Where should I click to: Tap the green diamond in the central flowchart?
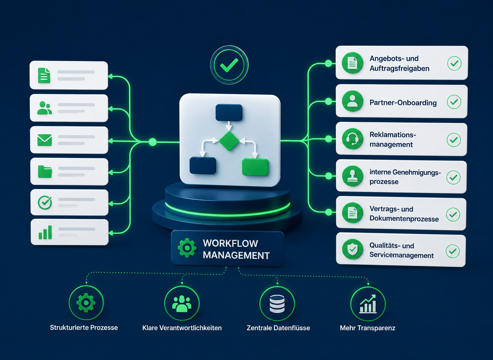(229, 141)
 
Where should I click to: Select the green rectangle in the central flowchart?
(255, 167)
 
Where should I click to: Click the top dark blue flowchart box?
(229, 113)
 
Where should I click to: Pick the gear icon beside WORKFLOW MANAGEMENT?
(187, 248)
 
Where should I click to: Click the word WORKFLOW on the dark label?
(230, 243)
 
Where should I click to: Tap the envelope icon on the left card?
(45, 140)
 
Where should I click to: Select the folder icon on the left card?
(45, 172)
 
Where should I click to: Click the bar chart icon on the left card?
(45, 232)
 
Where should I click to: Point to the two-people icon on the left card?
(44, 108)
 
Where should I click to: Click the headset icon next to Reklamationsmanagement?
(353, 139)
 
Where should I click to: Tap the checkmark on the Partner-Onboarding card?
(454, 102)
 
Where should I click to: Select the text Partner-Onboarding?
(403, 103)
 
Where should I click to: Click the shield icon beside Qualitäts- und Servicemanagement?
(353, 249)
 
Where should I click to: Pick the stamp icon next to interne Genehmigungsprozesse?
(353, 176)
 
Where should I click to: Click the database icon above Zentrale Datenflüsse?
(277, 304)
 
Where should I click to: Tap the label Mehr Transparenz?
(367, 328)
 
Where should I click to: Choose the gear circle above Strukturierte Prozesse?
(86, 303)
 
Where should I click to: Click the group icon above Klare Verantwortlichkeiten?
(182, 304)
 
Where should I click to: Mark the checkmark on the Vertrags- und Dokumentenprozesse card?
(453, 214)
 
